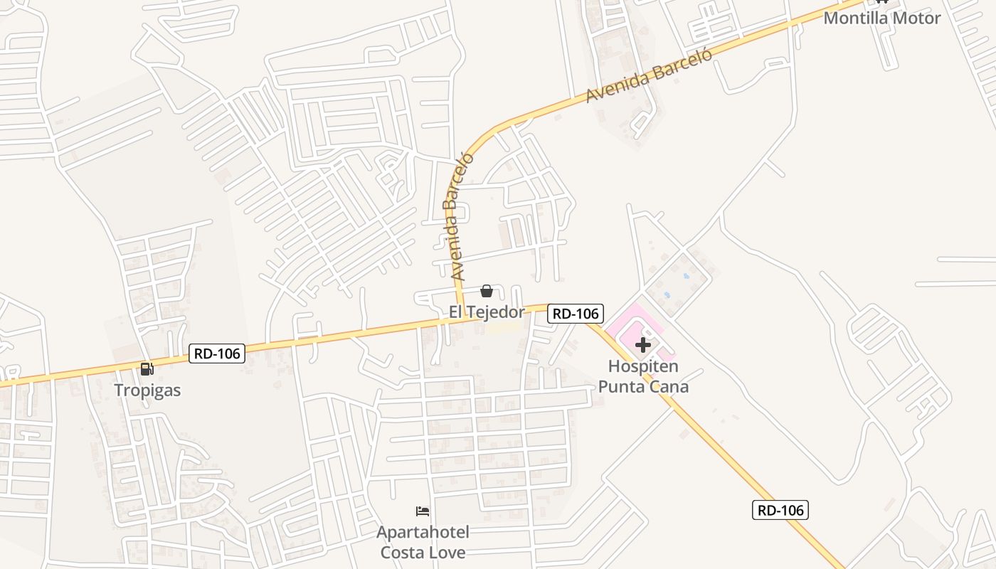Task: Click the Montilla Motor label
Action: [881, 18]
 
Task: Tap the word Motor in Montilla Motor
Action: [913, 18]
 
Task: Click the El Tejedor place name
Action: [487, 312]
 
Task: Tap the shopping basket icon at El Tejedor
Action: [487, 291]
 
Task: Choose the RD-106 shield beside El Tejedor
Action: [576, 313]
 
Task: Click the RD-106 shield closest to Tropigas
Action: [217, 353]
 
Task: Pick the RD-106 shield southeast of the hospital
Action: [780, 509]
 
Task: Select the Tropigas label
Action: [148, 390]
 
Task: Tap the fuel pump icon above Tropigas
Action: [147, 368]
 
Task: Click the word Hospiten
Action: [643, 367]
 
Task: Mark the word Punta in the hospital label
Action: [621, 387]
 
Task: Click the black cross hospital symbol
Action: [643, 346]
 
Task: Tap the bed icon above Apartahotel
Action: [423, 511]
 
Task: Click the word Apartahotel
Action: [423, 532]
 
